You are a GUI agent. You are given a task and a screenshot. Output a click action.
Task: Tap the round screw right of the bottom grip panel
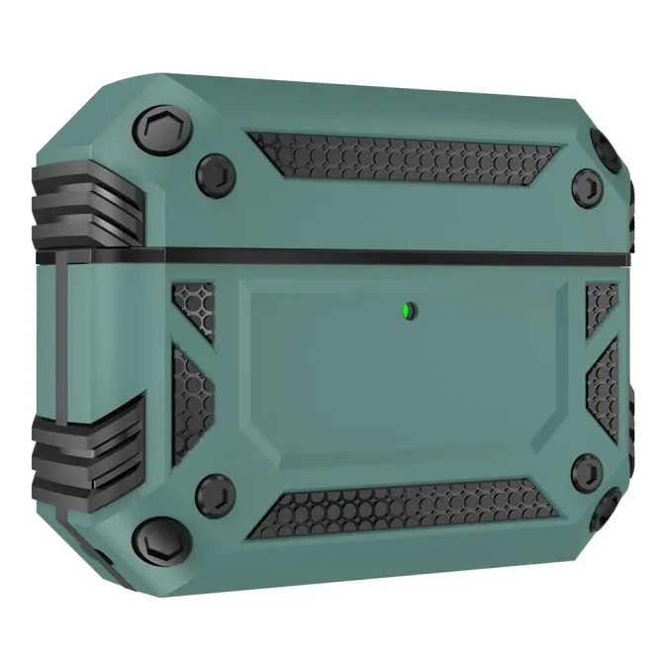pyautogui.click(x=586, y=471)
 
